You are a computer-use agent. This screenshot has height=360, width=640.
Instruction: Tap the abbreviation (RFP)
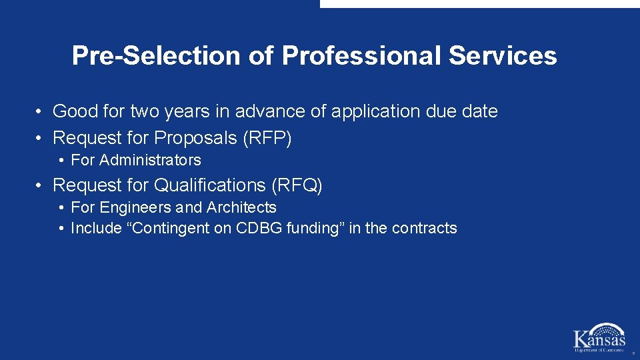click(267, 138)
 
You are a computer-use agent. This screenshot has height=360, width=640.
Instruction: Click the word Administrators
click(150, 160)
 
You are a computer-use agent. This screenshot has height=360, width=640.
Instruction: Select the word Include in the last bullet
click(96, 228)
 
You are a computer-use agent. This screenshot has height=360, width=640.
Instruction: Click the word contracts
click(425, 228)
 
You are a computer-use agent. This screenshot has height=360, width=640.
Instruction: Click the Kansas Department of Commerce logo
click(599, 337)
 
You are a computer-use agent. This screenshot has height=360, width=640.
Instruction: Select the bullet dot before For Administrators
click(61, 160)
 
